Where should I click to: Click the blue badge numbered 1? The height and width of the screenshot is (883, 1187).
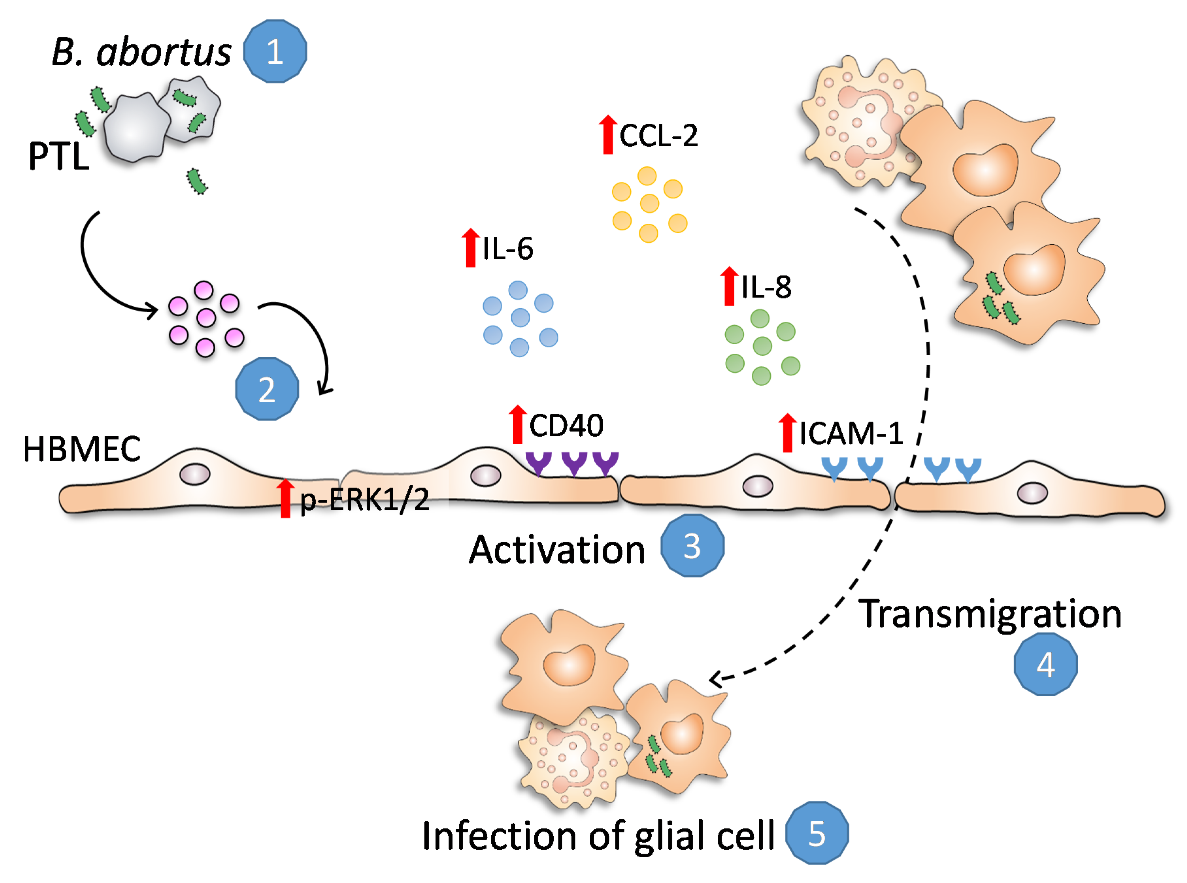point(275,51)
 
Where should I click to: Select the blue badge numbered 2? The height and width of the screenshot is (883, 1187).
point(267,389)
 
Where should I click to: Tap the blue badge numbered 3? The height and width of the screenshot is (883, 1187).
point(692,546)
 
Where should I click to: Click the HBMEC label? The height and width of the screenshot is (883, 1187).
point(82,449)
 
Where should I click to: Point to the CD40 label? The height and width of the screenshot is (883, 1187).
point(566,425)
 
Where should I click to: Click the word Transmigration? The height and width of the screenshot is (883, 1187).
point(990,614)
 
